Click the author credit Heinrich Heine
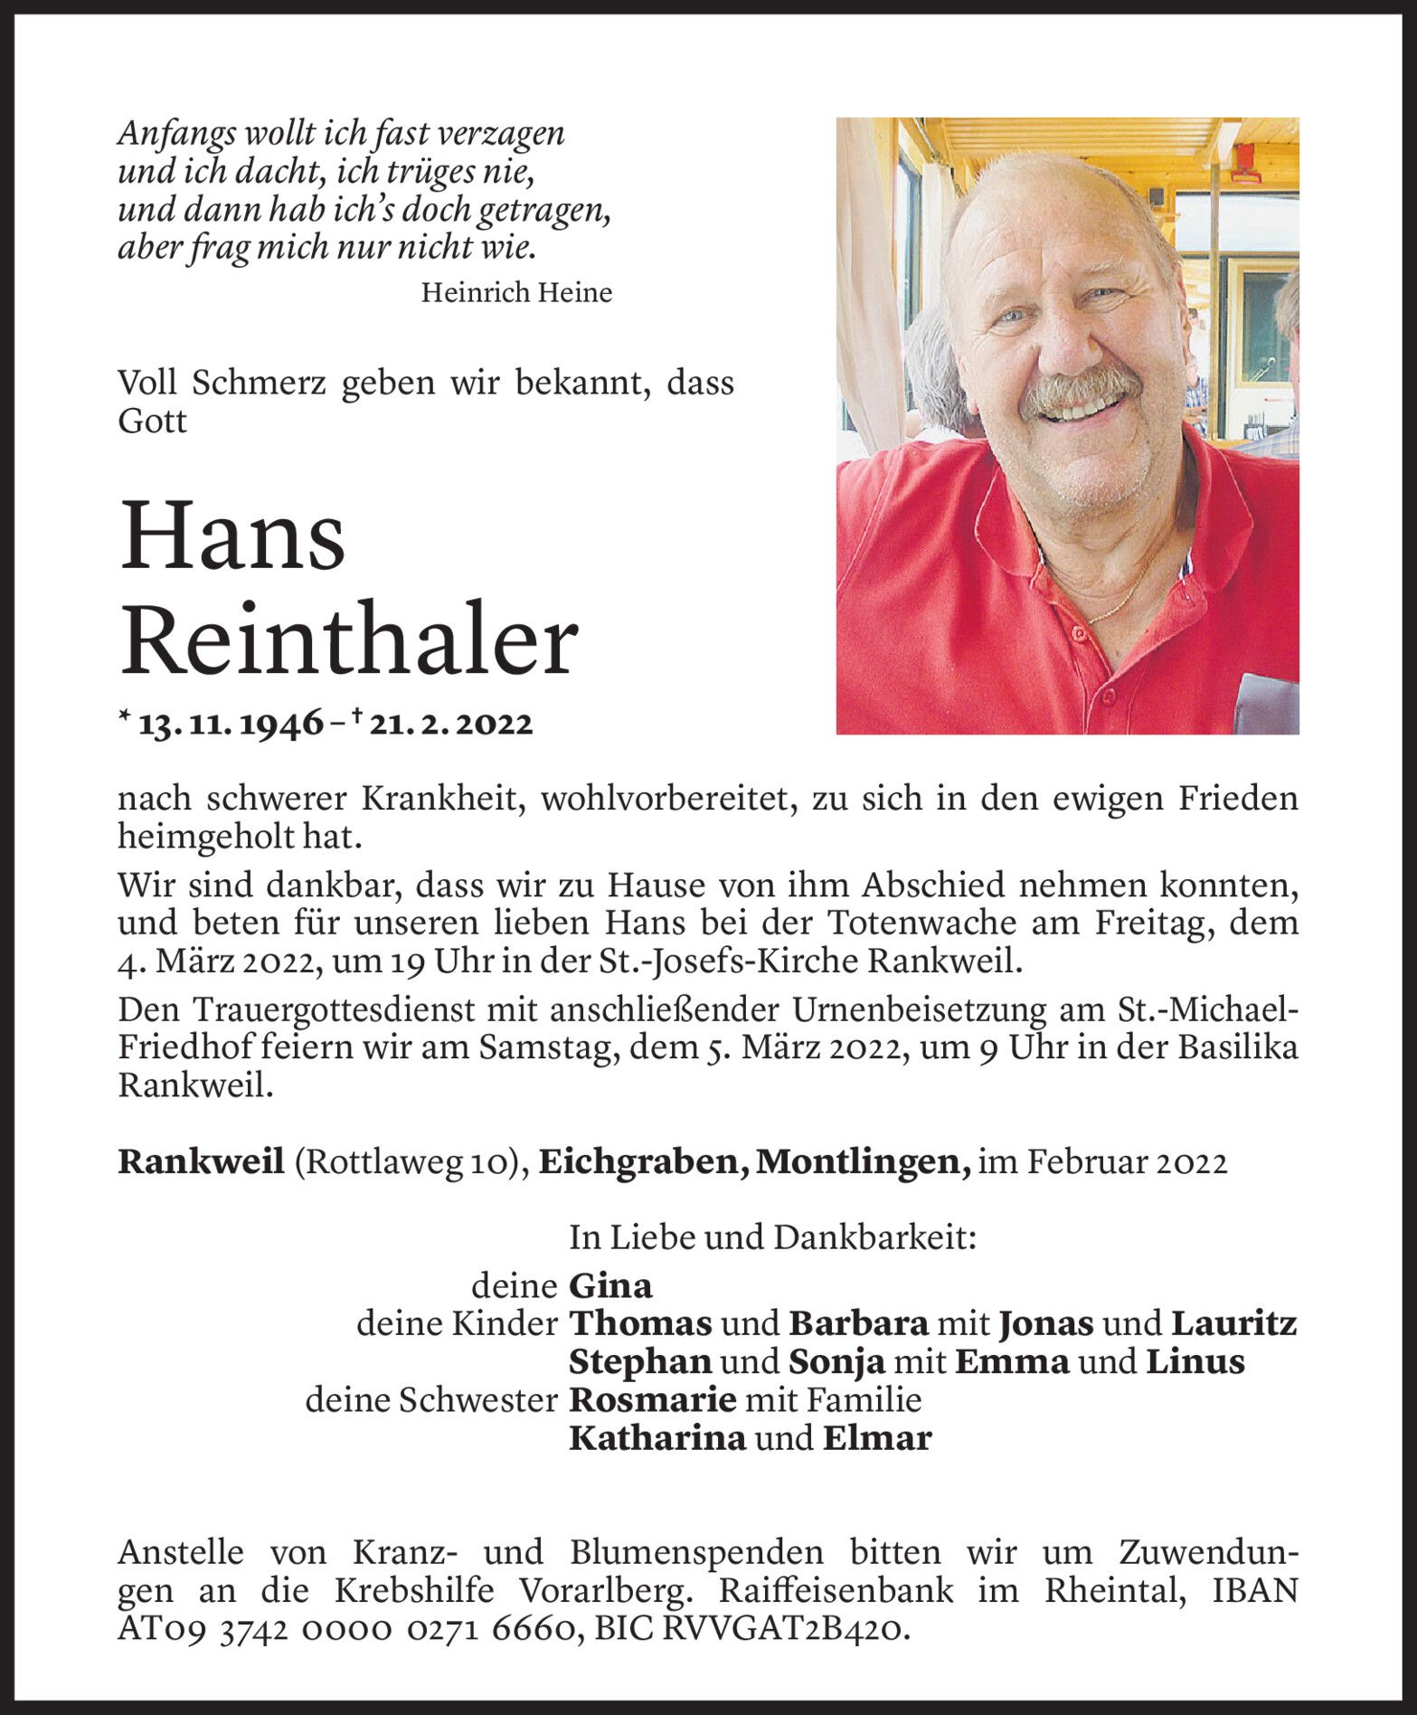[516, 292]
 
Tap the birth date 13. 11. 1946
[231, 724]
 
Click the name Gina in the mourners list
[610, 1285]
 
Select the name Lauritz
[1234, 1323]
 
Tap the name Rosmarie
[652, 1400]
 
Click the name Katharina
[657, 1438]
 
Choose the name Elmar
[876, 1438]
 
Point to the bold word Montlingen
[862, 1162]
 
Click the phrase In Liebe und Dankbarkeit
[773, 1237]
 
